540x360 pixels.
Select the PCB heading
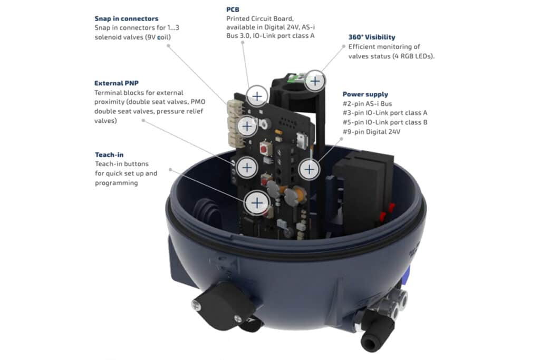coord(233,10)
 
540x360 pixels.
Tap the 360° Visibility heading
coord(372,37)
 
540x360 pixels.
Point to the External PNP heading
coord(117,83)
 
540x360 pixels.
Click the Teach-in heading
coord(109,154)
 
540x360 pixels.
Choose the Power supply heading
coord(365,94)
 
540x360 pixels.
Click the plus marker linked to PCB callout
coord(257,96)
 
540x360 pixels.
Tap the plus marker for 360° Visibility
coord(315,81)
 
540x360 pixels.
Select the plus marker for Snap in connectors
coord(246,125)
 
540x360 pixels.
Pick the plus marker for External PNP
coord(246,167)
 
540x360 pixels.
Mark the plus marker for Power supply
coord(309,169)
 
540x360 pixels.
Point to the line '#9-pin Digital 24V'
coord(371,132)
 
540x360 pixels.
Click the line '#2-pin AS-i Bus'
coord(368,104)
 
